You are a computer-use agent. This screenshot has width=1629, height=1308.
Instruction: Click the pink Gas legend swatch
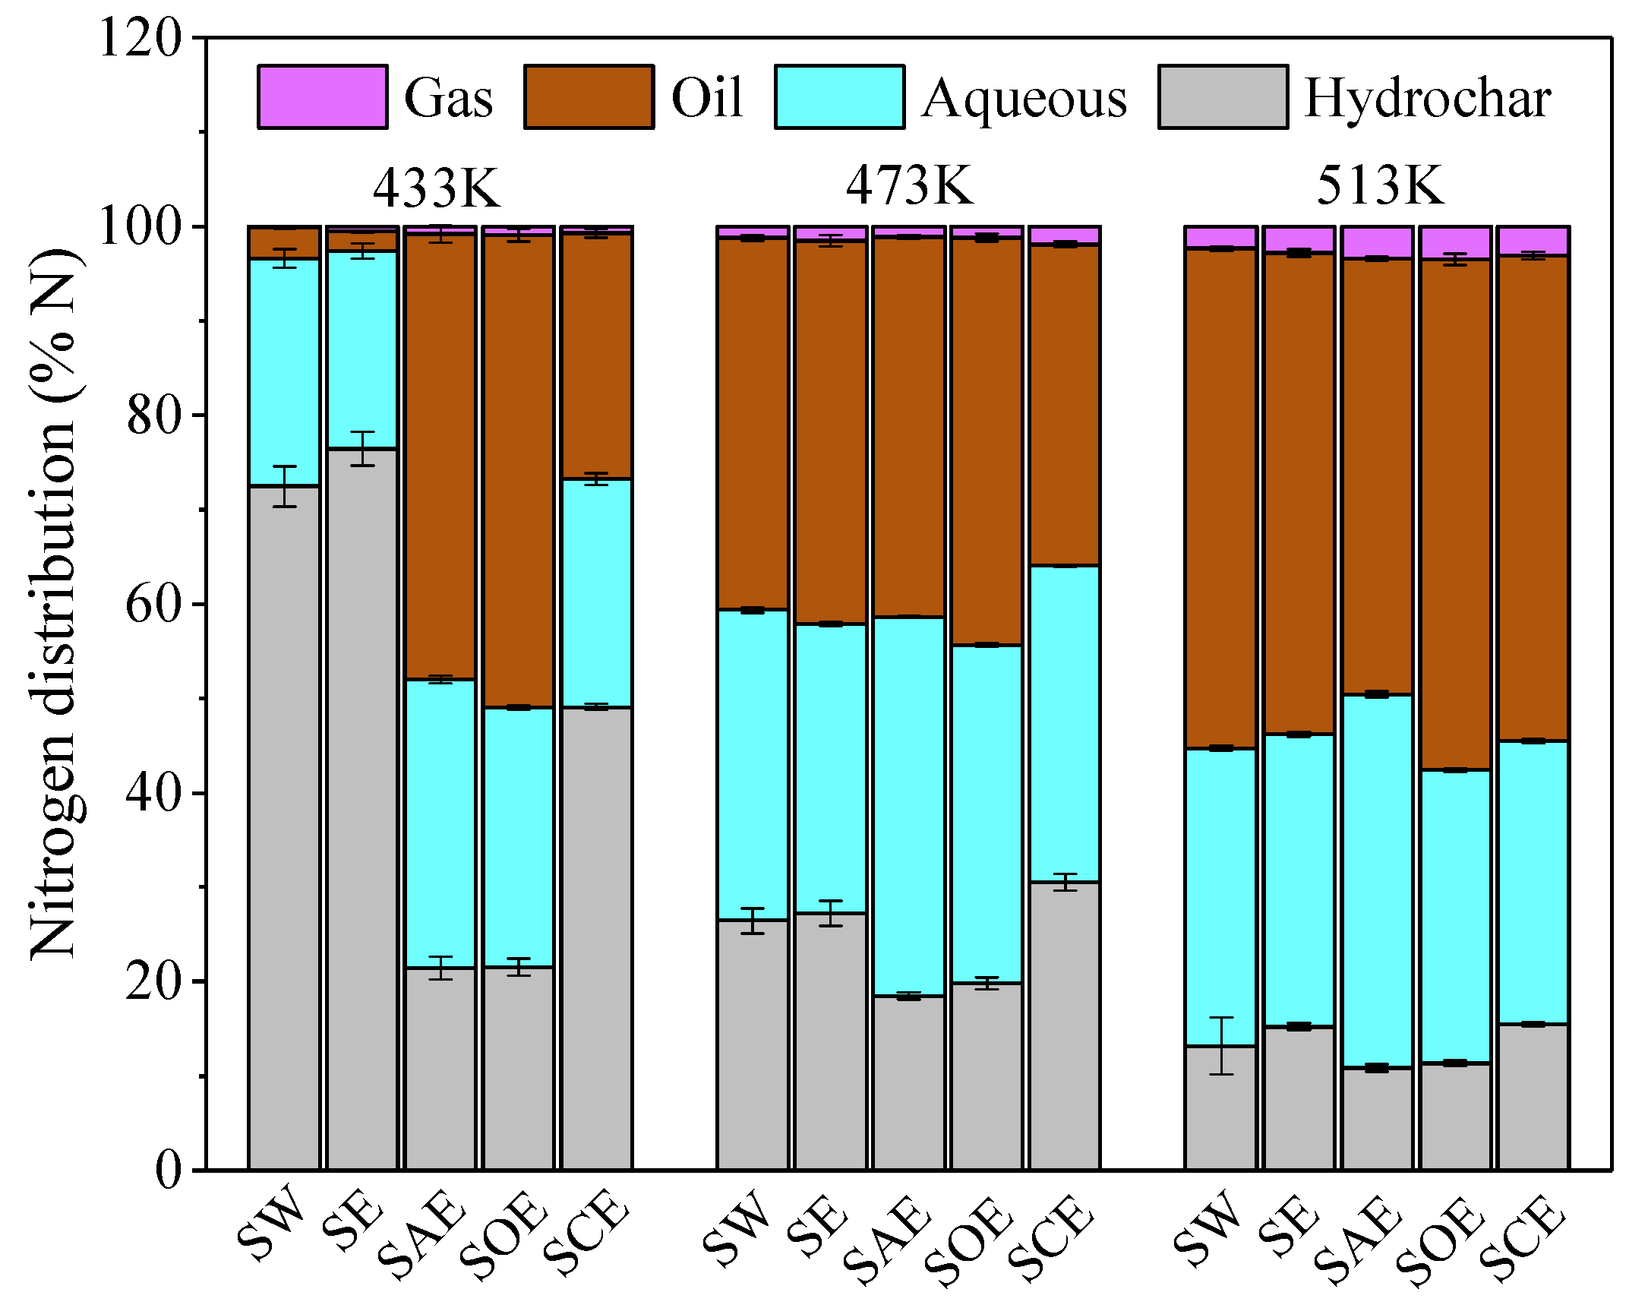(x=322, y=96)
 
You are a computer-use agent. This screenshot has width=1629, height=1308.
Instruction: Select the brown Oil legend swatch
(x=589, y=96)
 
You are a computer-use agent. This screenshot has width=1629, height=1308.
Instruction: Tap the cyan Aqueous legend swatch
(x=839, y=96)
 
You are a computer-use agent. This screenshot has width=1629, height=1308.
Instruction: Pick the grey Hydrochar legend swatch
(x=1223, y=96)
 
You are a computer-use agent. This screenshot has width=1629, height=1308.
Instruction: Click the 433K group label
(x=437, y=187)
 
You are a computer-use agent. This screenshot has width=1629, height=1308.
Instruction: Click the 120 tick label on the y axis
(x=141, y=38)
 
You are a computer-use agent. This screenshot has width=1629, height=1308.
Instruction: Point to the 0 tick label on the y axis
(x=169, y=1171)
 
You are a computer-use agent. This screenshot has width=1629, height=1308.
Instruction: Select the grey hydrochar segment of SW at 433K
(x=284, y=828)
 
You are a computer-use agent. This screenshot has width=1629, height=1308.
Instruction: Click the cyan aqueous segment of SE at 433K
(x=362, y=349)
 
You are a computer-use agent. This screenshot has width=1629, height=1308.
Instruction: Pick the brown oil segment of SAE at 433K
(x=440, y=456)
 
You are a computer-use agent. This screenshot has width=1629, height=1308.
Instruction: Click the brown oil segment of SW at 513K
(x=1220, y=498)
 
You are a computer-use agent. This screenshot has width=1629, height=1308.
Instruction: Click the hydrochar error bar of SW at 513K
(x=1220, y=1046)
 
